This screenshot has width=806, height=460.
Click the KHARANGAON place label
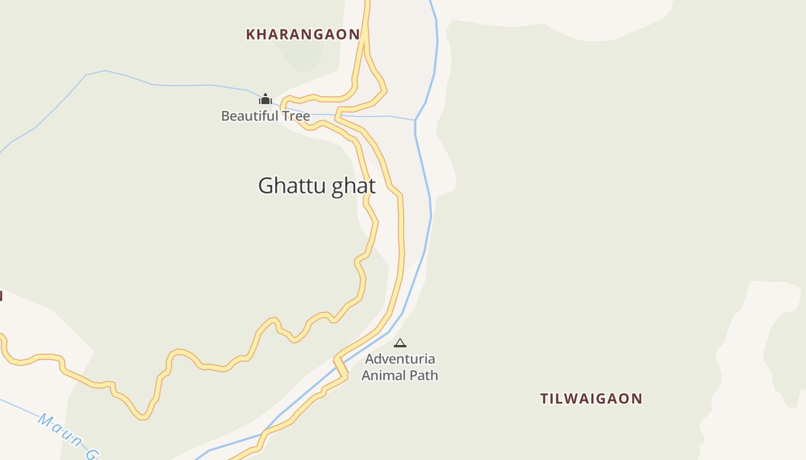pos(303,34)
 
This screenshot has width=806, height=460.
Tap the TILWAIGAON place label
pos(591,398)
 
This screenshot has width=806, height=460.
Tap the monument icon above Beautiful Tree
pos(265,99)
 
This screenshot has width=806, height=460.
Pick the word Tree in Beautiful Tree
pos(295,116)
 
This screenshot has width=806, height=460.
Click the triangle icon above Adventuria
pos(400,343)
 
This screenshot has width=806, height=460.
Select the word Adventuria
pos(400,359)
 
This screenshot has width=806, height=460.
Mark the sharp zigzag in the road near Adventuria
pos(341,367)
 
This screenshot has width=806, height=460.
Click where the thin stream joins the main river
pos(415,120)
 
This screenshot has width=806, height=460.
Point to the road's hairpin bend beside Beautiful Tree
pos(283,105)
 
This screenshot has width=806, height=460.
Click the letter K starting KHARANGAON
pos(250,34)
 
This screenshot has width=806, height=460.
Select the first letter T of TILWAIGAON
pos(544,398)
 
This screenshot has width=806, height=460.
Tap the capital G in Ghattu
pos(265,186)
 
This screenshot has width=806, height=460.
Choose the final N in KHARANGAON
pos(355,34)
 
